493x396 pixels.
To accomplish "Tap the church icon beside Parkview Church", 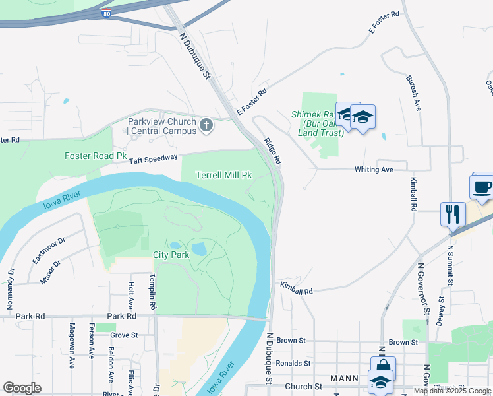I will point(206,125).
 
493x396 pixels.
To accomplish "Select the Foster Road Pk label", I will point(95,156).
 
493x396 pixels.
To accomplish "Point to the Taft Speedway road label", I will point(153,158).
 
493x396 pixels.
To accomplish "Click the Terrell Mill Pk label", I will point(224,175).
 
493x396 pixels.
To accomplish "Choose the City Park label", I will point(171,254).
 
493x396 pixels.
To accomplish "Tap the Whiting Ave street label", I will point(373,170).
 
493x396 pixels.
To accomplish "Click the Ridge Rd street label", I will point(273,150).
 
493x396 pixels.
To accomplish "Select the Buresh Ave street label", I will point(413,92).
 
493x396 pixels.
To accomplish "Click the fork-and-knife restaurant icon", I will point(453,214).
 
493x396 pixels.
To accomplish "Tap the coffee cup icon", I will point(483,185).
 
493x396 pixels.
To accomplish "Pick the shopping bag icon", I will point(382,367).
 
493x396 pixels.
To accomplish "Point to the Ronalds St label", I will point(293,363).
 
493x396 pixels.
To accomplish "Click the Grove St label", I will point(124,335).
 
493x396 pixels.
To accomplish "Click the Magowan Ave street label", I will point(72,345).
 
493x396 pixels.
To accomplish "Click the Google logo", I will point(22,388).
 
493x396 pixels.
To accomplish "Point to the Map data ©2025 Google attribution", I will point(452,391).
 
